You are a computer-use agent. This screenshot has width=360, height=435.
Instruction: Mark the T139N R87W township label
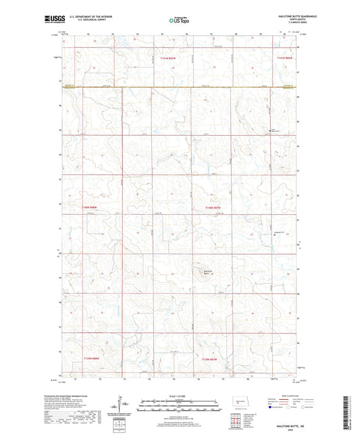212,358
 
